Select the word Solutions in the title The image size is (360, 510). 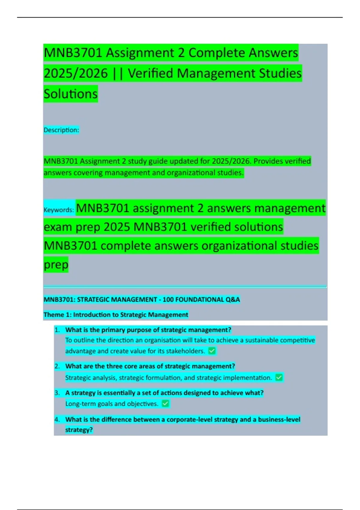(x=70, y=94)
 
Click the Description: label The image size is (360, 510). (x=61, y=130)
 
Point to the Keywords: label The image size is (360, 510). (x=59, y=210)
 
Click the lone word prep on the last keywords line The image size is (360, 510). (x=56, y=265)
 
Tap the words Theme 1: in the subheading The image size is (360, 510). (x=57, y=315)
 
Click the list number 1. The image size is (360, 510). (x=57, y=330)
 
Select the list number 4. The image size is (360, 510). (x=57, y=419)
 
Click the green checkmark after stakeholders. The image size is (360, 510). (x=212, y=351)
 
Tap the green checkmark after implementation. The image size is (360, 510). (x=279, y=377)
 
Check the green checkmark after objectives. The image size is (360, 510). (x=165, y=403)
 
